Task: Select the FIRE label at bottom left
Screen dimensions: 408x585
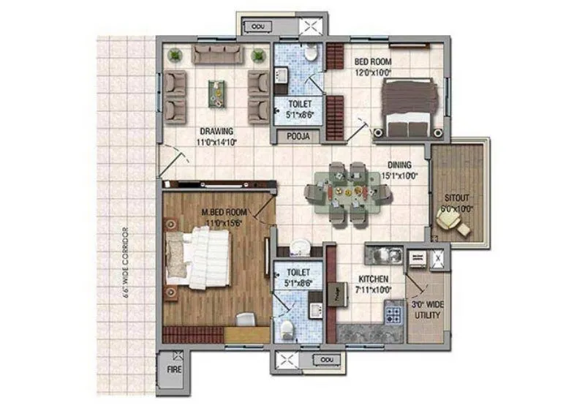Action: [173, 370]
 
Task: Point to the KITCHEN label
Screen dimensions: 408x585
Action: [373, 279]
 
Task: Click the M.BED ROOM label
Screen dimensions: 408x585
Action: [224, 212]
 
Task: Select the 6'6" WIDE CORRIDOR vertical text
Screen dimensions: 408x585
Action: [126, 260]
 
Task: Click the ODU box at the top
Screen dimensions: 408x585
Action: [258, 26]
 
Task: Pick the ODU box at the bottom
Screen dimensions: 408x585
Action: [326, 359]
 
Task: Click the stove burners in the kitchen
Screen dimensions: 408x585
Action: [393, 315]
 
